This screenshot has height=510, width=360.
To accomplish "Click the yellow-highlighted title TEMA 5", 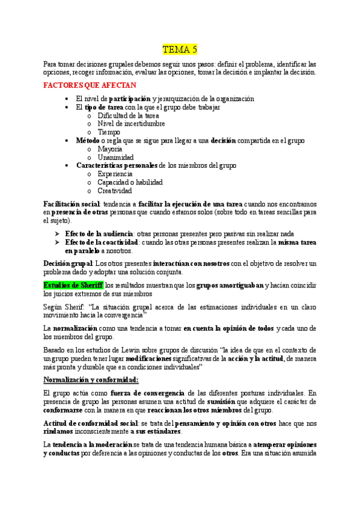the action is pos(180,49).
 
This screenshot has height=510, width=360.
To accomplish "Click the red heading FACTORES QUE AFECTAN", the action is pos(90,85).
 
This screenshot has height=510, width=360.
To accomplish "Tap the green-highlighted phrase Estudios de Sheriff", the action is pos(73,285).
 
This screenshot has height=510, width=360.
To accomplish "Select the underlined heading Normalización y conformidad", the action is pos(91,379).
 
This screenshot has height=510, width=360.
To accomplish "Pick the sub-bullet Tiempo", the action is pos(109,132).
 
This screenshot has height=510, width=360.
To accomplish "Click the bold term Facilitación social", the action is pos(72,204).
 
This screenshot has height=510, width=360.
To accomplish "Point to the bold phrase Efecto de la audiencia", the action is pos(99,233).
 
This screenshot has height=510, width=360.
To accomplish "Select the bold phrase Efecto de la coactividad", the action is pos(102,242).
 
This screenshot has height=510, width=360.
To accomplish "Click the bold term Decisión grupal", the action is pos(68,263).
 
